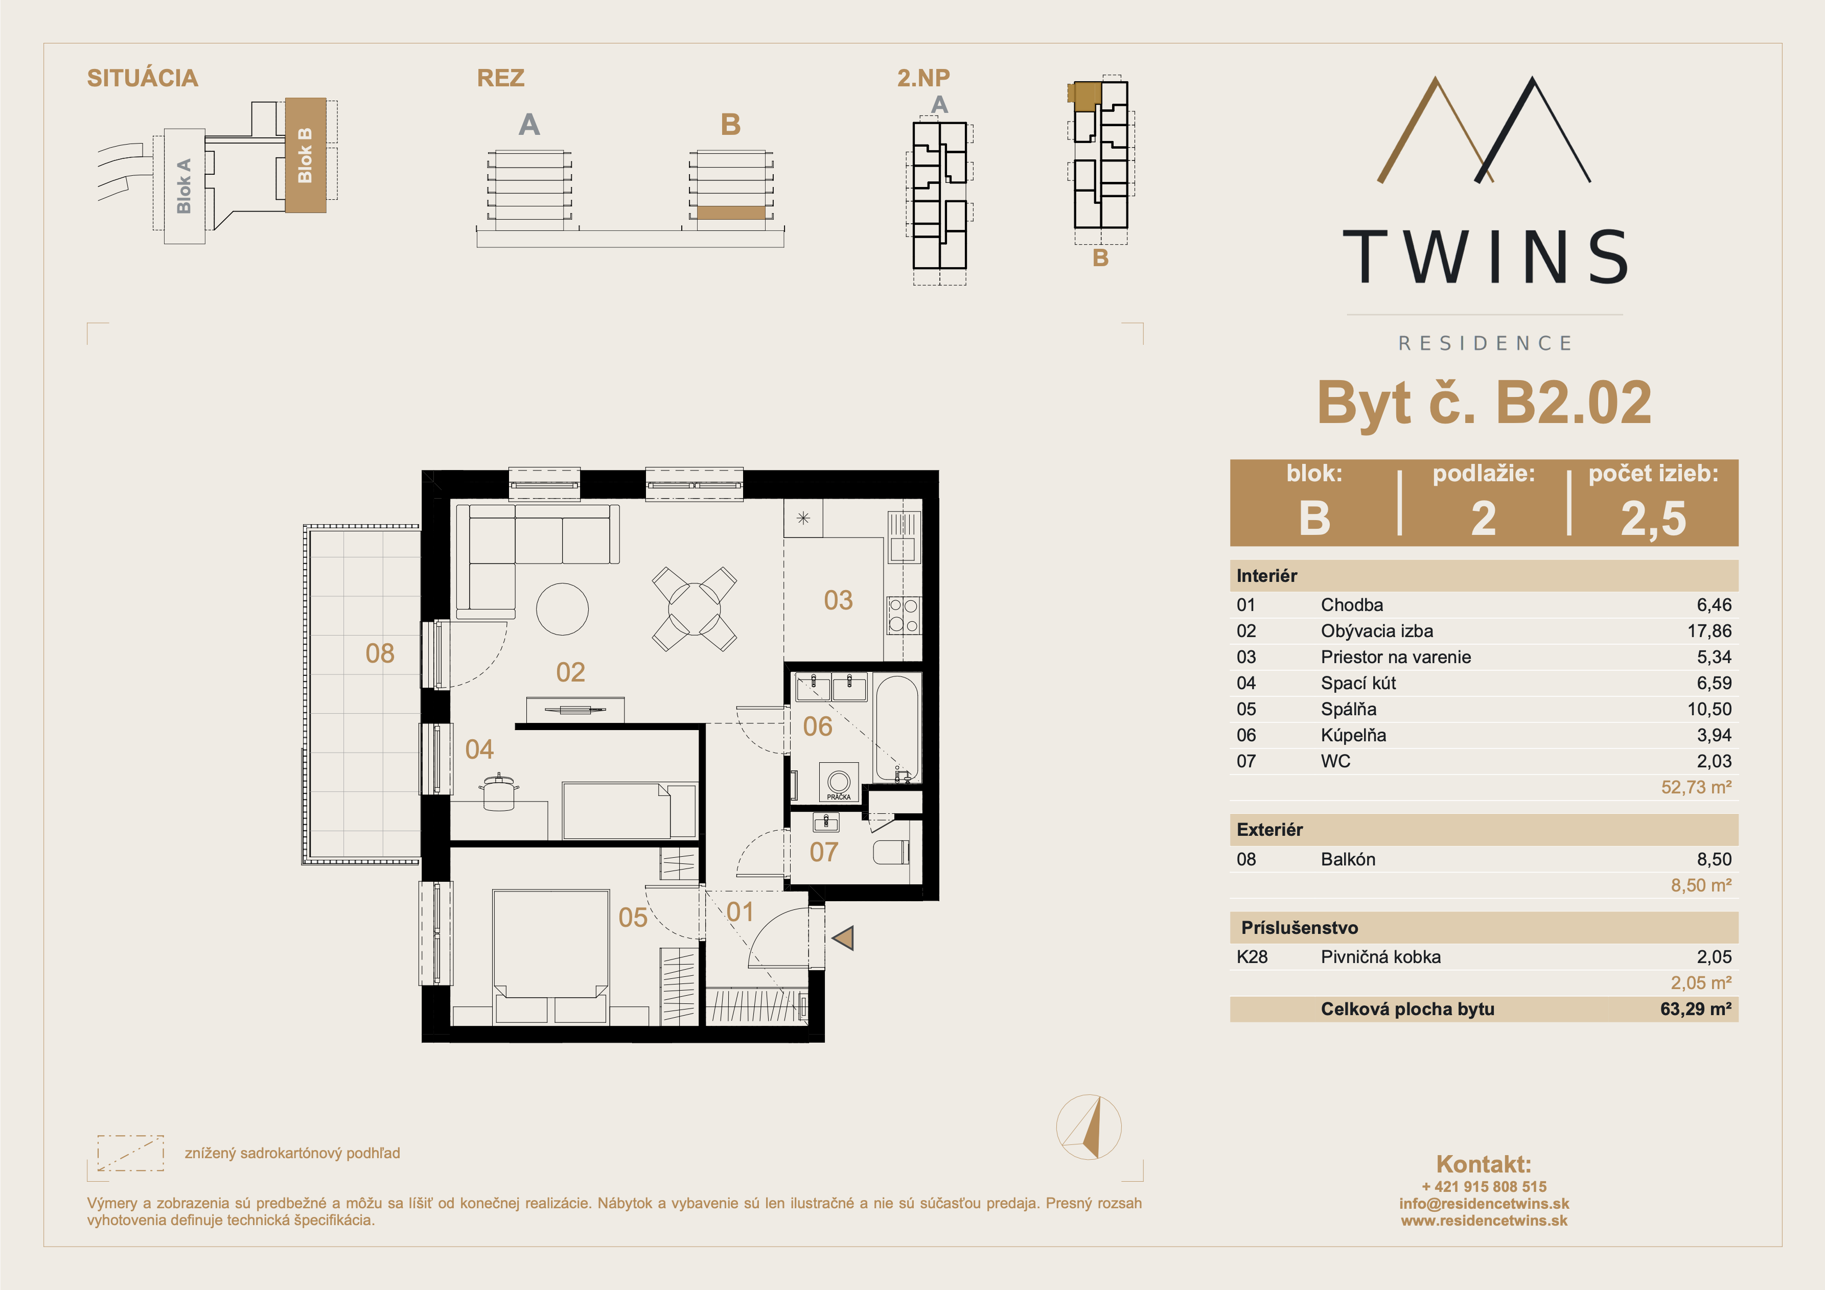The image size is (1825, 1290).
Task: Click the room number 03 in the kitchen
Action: coord(838,600)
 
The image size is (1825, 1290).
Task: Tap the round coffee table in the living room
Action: coord(562,609)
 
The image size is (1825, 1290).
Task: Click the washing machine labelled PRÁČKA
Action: coord(839,783)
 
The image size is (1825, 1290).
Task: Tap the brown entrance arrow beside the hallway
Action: coord(843,938)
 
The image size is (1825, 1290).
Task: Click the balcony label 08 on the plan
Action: coord(380,653)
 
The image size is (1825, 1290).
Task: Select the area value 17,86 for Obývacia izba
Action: coord(1709,631)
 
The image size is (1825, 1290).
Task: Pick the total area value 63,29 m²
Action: coord(1695,1010)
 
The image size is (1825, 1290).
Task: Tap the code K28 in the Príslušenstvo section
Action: coord(1252,957)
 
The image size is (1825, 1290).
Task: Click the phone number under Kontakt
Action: coord(1484,1187)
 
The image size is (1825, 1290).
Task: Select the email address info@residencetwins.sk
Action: coord(1484,1203)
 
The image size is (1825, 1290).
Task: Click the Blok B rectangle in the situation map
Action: coord(305,155)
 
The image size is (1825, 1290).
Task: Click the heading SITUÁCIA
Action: coord(142,78)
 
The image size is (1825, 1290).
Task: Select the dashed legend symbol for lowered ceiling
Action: coord(130,1153)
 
